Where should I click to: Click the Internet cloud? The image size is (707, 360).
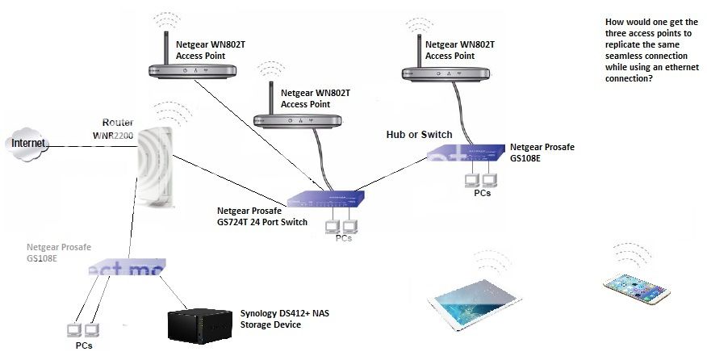(x=28, y=143)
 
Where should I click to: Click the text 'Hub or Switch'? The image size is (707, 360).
(x=420, y=134)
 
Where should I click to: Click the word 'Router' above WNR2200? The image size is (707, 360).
(x=118, y=122)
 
